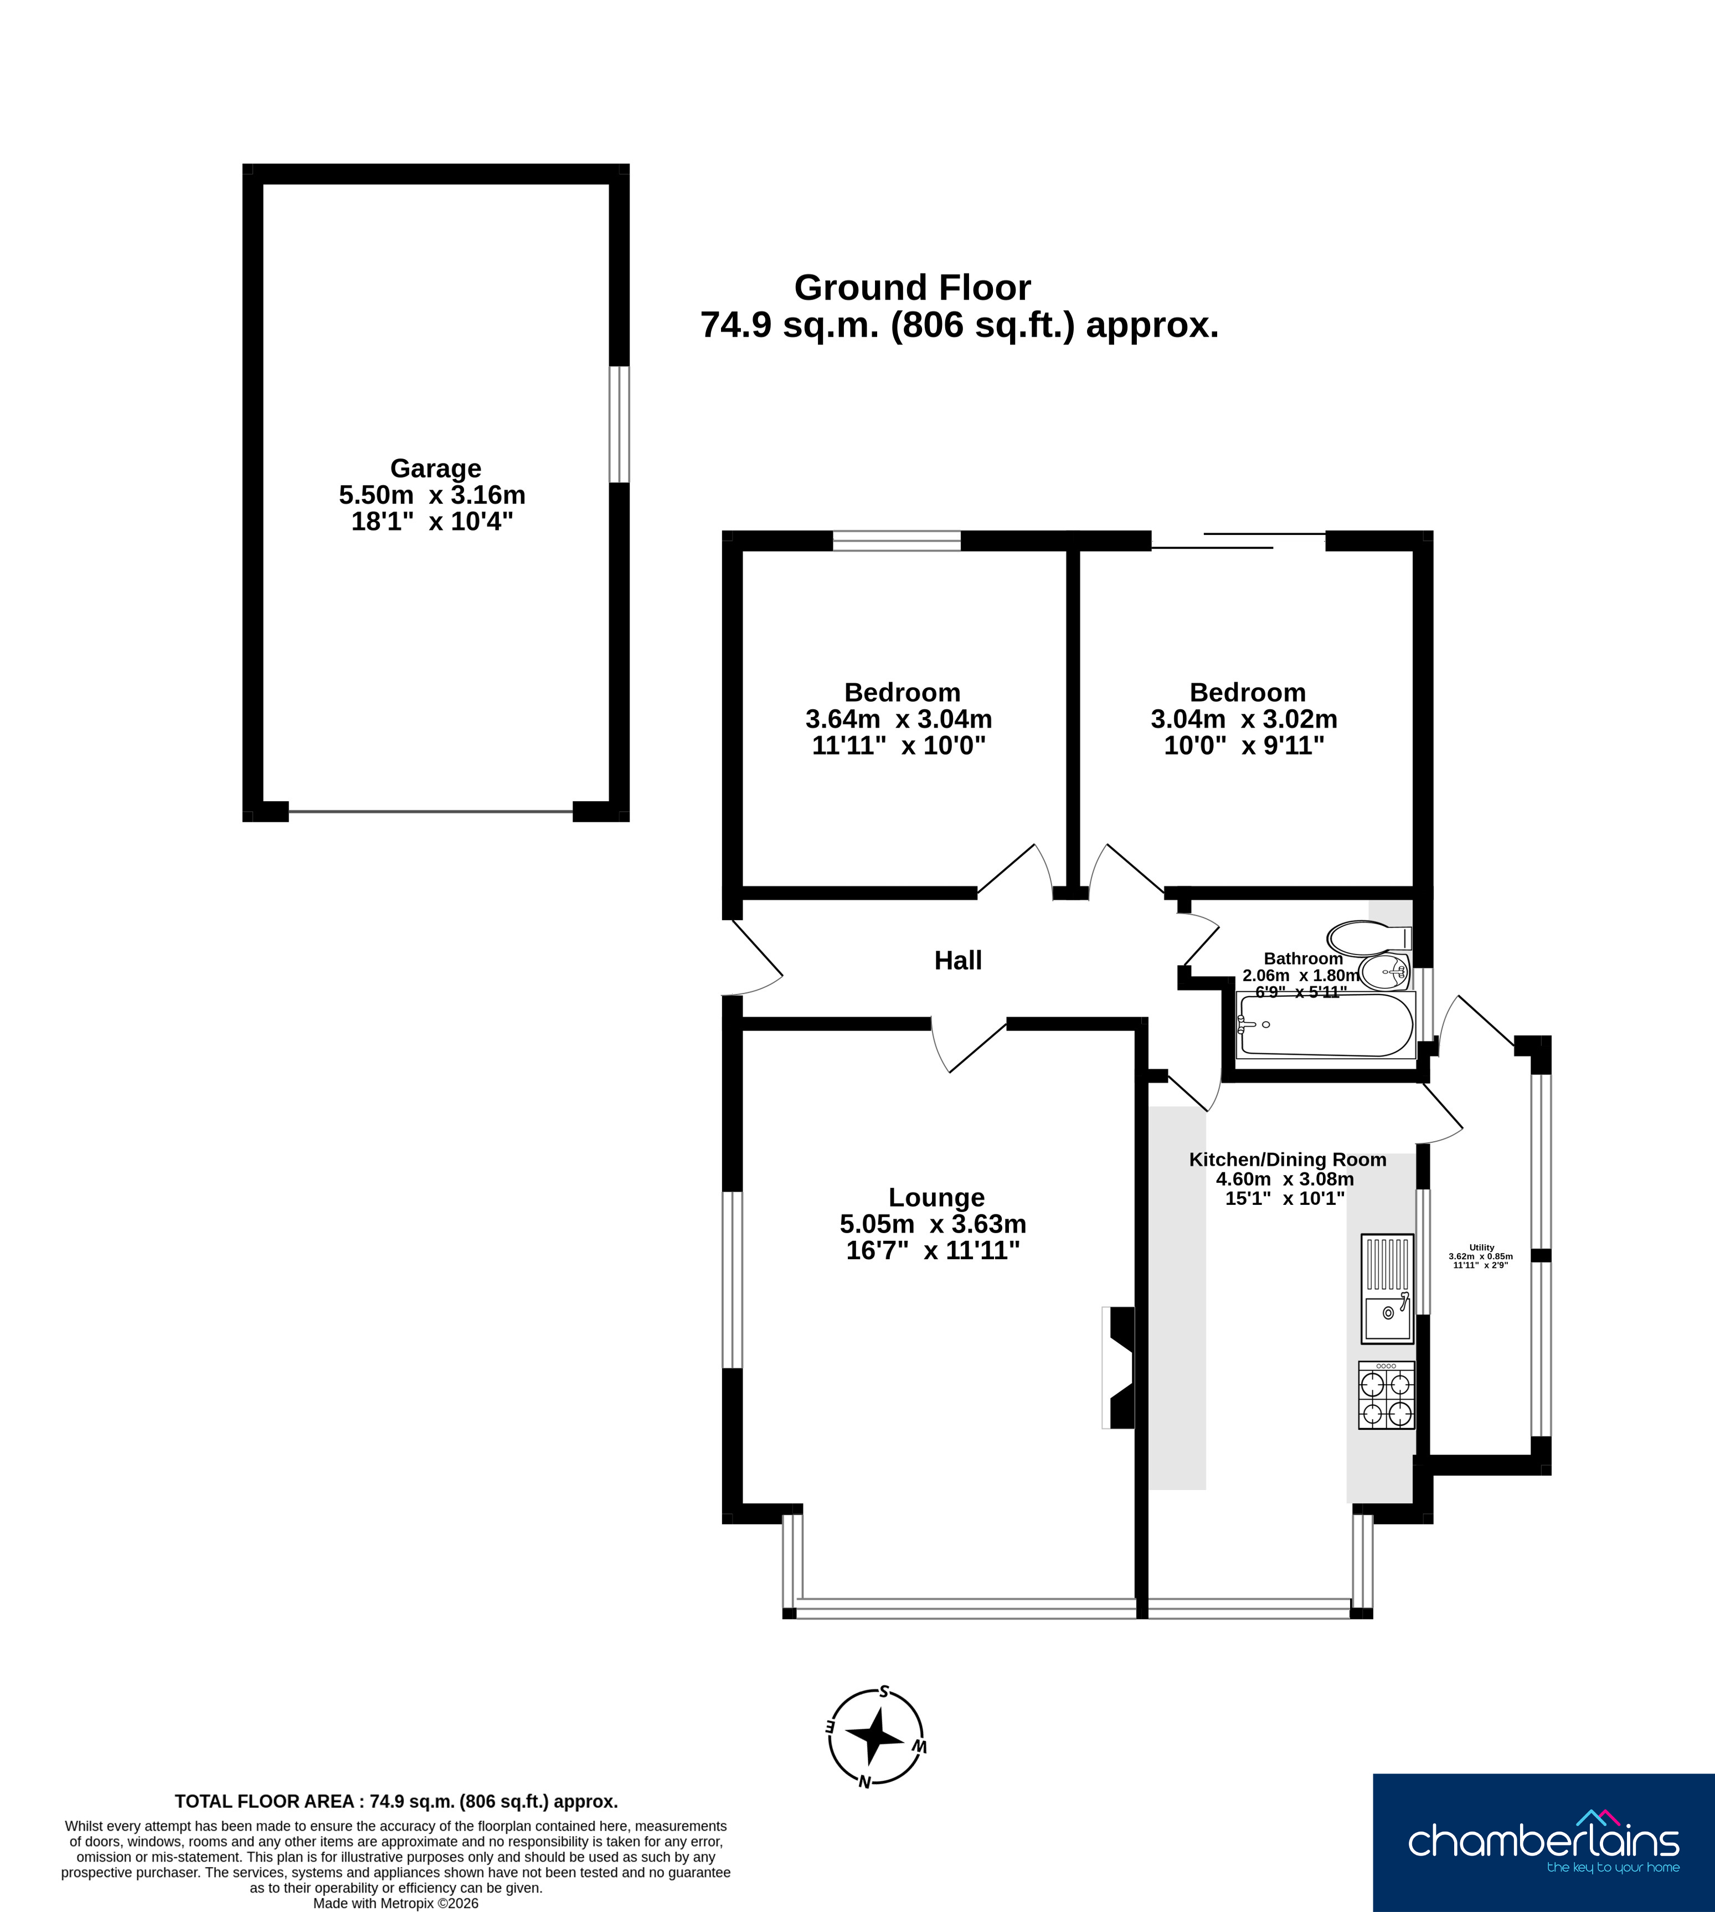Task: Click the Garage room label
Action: [435, 468]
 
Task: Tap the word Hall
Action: [957, 960]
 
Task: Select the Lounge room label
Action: [936, 1198]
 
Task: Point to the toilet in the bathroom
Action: [1369, 937]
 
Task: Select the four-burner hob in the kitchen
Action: [1386, 1395]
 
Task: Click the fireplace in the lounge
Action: [1119, 1367]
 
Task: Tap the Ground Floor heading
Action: [912, 287]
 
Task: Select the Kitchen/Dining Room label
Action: [1287, 1160]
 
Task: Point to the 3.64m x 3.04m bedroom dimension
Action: [898, 719]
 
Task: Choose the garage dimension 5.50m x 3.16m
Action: [432, 494]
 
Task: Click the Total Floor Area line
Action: [396, 1802]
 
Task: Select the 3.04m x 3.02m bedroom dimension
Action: [1244, 719]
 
